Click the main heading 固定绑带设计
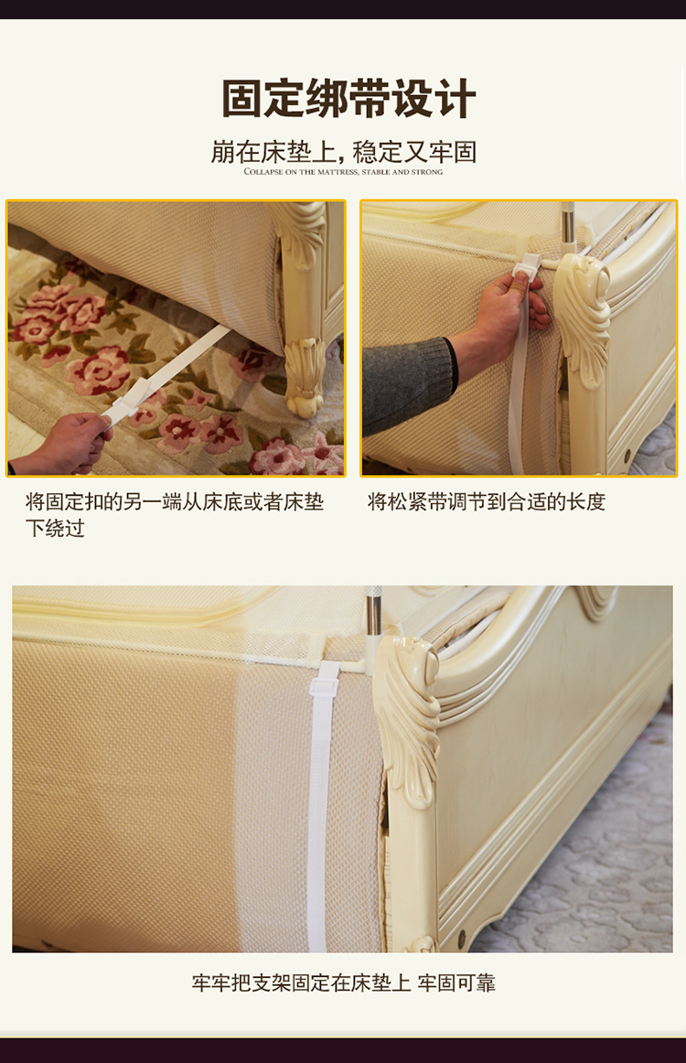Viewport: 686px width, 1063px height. pos(348,99)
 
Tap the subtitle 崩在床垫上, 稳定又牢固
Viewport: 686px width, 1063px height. pos(344,153)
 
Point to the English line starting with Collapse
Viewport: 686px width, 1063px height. pos(343,172)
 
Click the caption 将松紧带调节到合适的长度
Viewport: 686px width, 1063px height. pos(486,501)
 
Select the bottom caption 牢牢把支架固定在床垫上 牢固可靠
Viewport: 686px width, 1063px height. pos(343,983)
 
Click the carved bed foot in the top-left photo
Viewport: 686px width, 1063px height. pos(305,377)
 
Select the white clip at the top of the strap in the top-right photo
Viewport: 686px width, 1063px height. pos(527,265)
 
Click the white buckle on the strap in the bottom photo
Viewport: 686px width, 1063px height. pos(324,685)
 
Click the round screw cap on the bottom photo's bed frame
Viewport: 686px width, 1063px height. pos(462,938)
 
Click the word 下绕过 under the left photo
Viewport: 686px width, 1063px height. pos(55,528)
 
